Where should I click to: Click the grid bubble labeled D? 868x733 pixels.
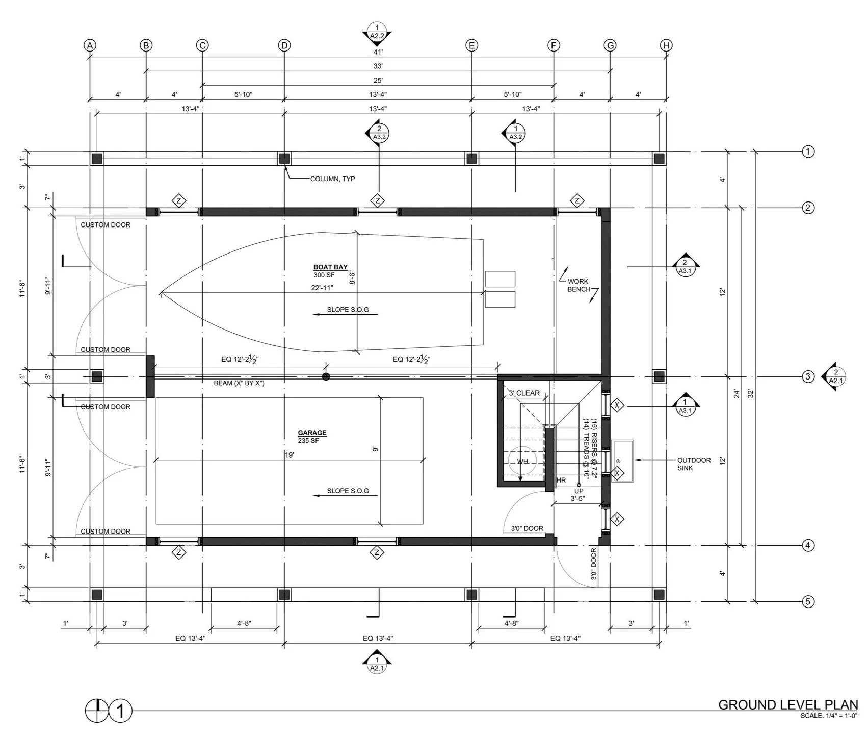[284, 45]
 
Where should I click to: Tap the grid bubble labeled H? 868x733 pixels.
[666, 45]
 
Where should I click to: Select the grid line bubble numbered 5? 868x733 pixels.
[808, 602]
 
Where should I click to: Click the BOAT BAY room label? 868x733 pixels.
[330, 267]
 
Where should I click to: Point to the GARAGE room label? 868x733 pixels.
[312, 433]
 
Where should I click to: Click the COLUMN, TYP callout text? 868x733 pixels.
[332, 179]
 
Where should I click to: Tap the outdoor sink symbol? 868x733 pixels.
[622, 461]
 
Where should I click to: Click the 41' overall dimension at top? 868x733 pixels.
[378, 52]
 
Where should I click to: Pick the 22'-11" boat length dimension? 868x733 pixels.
[322, 288]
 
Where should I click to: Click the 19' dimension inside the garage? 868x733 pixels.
[290, 455]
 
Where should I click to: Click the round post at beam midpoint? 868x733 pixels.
[326, 377]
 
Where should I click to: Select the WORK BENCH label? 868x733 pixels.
[578, 285]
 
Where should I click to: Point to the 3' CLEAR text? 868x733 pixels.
[524, 393]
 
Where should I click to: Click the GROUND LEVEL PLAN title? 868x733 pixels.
[788, 705]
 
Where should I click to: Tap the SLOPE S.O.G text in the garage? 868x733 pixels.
[348, 491]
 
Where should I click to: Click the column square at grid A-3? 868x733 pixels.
[97, 377]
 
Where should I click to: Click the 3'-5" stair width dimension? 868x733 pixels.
[578, 499]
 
